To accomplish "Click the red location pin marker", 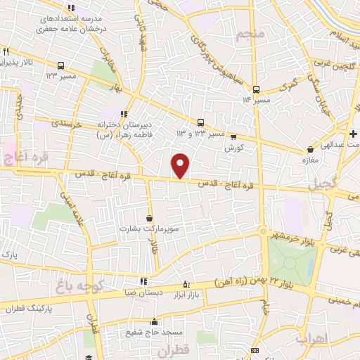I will (181, 165).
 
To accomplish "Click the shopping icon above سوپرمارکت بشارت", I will (149, 219).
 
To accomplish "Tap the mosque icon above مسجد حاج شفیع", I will (155, 322).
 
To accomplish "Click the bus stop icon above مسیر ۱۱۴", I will (257, 89).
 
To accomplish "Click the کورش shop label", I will (233, 148).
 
